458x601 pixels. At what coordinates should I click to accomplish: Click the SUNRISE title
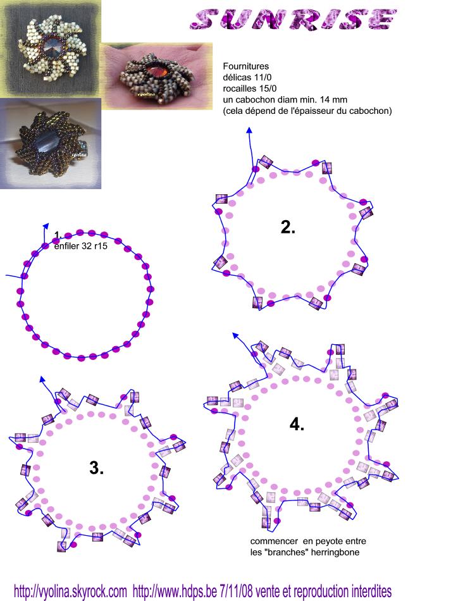pyautogui.click(x=293, y=19)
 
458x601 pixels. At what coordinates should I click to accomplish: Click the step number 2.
pyautogui.click(x=288, y=227)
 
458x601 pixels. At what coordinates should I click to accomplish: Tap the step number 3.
pyautogui.click(x=96, y=468)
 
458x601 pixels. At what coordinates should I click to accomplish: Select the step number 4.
pyautogui.click(x=297, y=424)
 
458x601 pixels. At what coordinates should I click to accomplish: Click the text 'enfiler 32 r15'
pyautogui.click(x=81, y=247)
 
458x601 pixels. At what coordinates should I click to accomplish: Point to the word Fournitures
pyautogui.click(x=245, y=66)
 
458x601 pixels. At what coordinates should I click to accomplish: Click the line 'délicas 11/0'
pyautogui.click(x=247, y=77)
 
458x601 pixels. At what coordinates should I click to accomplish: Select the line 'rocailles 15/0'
pyautogui.click(x=249, y=89)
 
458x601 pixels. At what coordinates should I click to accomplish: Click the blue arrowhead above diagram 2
pyautogui.click(x=249, y=130)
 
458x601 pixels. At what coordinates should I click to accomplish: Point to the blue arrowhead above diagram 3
pyautogui.click(x=42, y=379)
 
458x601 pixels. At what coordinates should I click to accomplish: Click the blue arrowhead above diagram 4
pyautogui.click(x=235, y=336)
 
